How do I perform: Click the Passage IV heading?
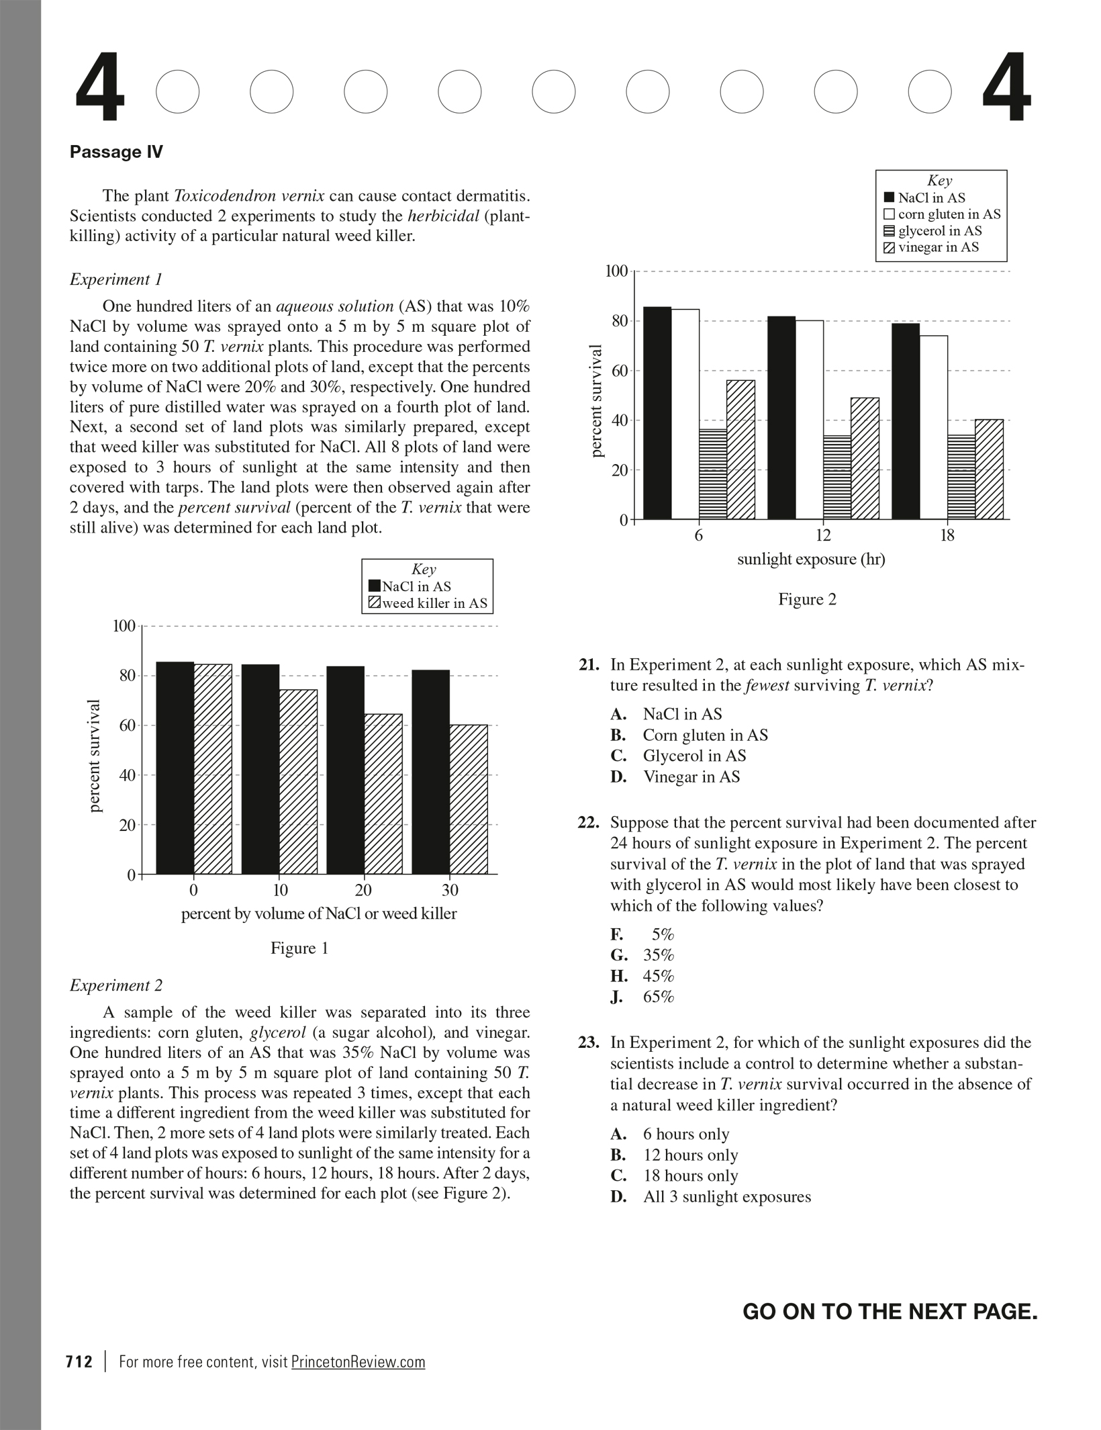[x=116, y=152]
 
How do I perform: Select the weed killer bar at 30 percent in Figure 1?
[x=469, y=799]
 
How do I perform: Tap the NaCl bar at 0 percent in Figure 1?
[x=175, y=768]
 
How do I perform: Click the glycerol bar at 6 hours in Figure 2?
[x=713, y=474]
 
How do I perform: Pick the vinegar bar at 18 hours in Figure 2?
[x=989, y=470]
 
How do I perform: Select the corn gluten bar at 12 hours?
[x=809, y=420]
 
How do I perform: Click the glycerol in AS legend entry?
[x=939, y=231]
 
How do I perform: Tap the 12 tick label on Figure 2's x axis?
[x=823, y=535]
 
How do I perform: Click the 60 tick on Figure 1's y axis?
[x=128, y=725]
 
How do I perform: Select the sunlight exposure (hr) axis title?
[x=811, y=560]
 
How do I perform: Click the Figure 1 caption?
[x=299, y=948]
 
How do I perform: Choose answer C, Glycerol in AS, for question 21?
[x=694, y=756]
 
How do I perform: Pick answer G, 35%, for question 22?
[x=658, y=955]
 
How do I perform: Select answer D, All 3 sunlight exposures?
[x=726, y=1197]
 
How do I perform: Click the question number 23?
[x=588, y=1043]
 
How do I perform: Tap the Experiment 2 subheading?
[x=116, y=985]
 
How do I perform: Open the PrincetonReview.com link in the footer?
[x=358, y=1361]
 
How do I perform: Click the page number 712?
[x=79, y=1361]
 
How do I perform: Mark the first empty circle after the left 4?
[x=178, y=91]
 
